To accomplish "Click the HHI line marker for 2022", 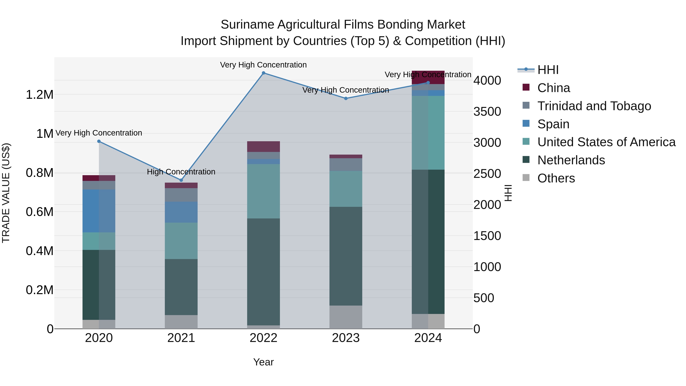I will [263, 73].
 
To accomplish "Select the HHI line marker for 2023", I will [346, 98].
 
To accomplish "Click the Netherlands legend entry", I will [571, 160].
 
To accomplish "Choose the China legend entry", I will [553, 88].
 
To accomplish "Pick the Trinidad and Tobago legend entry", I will [594, 106].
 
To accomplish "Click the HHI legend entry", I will [548, 70].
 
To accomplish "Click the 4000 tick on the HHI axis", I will [487, 80].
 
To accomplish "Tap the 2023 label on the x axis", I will [346, 338].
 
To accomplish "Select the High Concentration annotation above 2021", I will [181, 172].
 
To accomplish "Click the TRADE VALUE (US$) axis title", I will [6, 193].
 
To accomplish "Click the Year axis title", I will [263, 362].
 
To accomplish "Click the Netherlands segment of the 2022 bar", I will [263, 272].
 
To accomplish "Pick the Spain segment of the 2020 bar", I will [99, 211].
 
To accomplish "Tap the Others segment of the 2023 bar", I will [346, 317].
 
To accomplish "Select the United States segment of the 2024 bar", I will [428, 133].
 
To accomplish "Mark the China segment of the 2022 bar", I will [263, 147].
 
